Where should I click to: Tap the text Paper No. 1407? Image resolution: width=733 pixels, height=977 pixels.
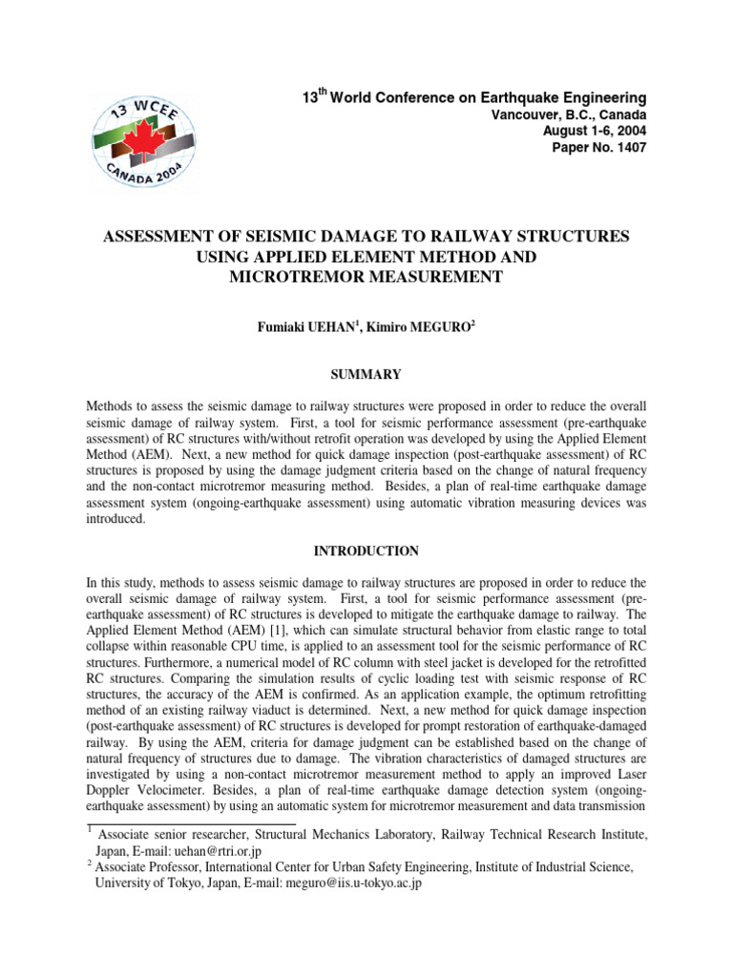tap(599, 148)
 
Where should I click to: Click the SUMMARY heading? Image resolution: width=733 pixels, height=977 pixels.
tap(367, 374)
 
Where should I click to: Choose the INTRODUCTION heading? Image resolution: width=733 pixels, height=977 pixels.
tap(367, 551)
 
